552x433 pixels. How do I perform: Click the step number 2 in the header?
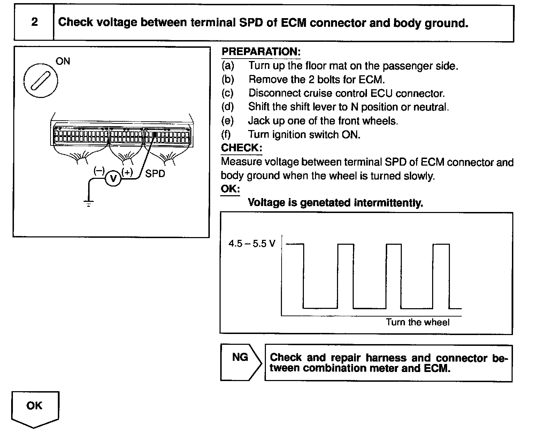pyautogui.click(x=34, y=22)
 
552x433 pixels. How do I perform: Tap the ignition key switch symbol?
pyautogui.click(x=41, y=80)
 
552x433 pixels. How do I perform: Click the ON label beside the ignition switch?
pyautogui.click(x=63, y=61)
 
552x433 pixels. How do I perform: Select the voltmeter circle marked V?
pyautogui.click(x=113, y=178)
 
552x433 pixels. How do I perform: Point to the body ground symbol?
pyautogui.click(x=89, y=203)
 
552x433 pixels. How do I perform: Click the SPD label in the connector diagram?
pyautogui.click(x=155, y=173)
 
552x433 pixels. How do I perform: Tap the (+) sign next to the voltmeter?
pyautogui.click(x=127, y=172)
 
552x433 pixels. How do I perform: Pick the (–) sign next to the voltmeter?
pyautogui.click(x=99, y=171)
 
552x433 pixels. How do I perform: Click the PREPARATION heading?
pyautogui.click(x=261, y=52)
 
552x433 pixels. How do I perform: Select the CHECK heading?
pyautogui.click(x=241, y=148)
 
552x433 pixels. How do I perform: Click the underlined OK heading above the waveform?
pyautogui.click(x=230, y=189)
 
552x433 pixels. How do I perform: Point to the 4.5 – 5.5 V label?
pyautogui.click(x=252, y=243)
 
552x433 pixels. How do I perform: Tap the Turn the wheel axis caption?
pyautogui.click(x=417, y=322)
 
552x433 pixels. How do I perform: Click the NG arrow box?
pyautogui.click(x=240, y=363)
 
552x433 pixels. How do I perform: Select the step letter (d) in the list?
pyautogui.click(x=228, y=107)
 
